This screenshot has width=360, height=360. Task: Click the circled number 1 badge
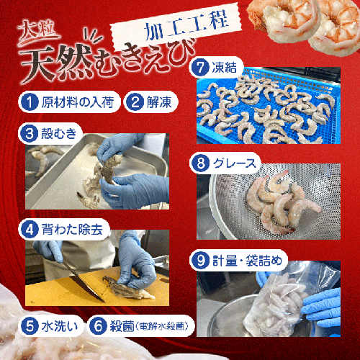[29, 102]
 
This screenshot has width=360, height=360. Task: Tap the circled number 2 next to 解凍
[135, 102]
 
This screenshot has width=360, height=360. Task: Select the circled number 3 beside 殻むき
[29, 133]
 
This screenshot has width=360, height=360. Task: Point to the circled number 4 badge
[29, 229]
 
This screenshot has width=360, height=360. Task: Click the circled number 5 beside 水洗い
[30, 326]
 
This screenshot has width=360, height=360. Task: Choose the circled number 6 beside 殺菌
[98, 326]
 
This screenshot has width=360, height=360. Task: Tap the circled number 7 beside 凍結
[200, 68]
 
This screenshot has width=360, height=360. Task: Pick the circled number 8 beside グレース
[201, 163]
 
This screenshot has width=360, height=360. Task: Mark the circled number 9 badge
[201, 260]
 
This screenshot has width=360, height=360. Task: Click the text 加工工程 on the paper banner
[186, 26]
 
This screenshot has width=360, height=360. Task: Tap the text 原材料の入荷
[78, 102]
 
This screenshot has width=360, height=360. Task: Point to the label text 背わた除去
[72, 230]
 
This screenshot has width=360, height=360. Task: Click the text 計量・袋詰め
[248, 261]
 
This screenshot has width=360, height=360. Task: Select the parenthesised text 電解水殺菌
[161, 326]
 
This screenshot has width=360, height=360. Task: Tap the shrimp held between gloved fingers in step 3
[110, 167]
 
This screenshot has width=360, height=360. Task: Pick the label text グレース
[235, 163]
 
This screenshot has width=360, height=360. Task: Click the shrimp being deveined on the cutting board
[128, 289]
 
